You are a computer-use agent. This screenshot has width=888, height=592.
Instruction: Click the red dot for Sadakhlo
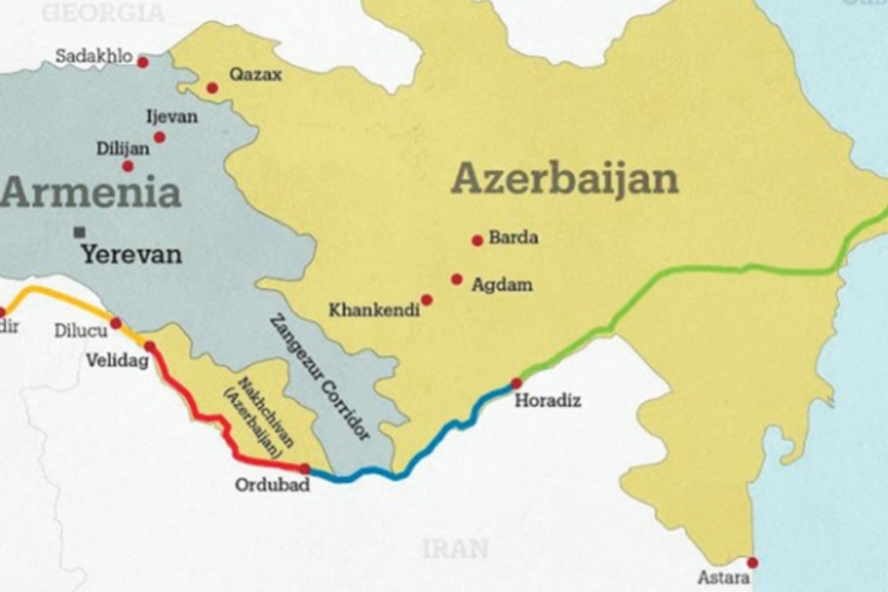coord(142,61)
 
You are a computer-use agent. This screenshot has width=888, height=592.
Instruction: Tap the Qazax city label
coord(256,75)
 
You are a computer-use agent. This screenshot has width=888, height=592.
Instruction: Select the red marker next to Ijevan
coord(160,137)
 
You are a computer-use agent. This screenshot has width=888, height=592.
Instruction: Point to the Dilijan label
coord(123,149)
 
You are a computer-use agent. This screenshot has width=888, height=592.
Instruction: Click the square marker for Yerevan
coord(81,232)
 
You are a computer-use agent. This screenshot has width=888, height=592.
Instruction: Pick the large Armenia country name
coord(91,193)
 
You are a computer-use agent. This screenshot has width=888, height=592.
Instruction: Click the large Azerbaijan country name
coord(565,179)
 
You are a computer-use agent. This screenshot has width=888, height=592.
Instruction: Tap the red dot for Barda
coord(477,240)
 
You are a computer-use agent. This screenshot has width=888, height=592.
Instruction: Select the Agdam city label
coord(502,285)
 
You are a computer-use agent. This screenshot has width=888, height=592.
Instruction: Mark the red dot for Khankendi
coord(426,300)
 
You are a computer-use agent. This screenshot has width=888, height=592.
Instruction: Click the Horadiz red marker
coord(516,383)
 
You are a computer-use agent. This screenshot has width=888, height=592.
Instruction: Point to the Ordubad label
coord(272,485)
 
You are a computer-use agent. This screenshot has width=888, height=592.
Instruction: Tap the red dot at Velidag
coord(149,346)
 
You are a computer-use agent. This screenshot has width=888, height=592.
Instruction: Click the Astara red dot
coord(752,562)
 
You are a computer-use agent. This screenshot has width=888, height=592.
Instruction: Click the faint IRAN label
coord(455,549)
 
